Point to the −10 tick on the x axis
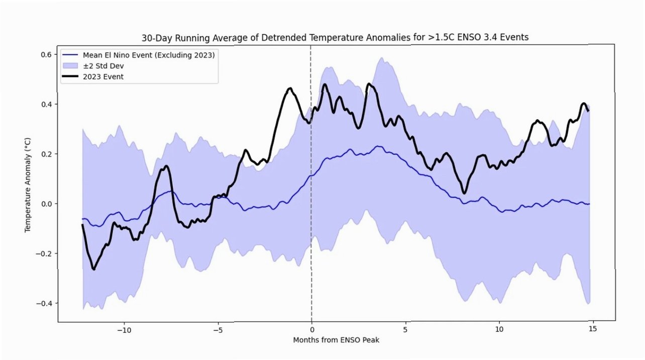124,330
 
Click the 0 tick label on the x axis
311,330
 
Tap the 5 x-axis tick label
405,330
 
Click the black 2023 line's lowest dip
93,269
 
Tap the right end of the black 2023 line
589,110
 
